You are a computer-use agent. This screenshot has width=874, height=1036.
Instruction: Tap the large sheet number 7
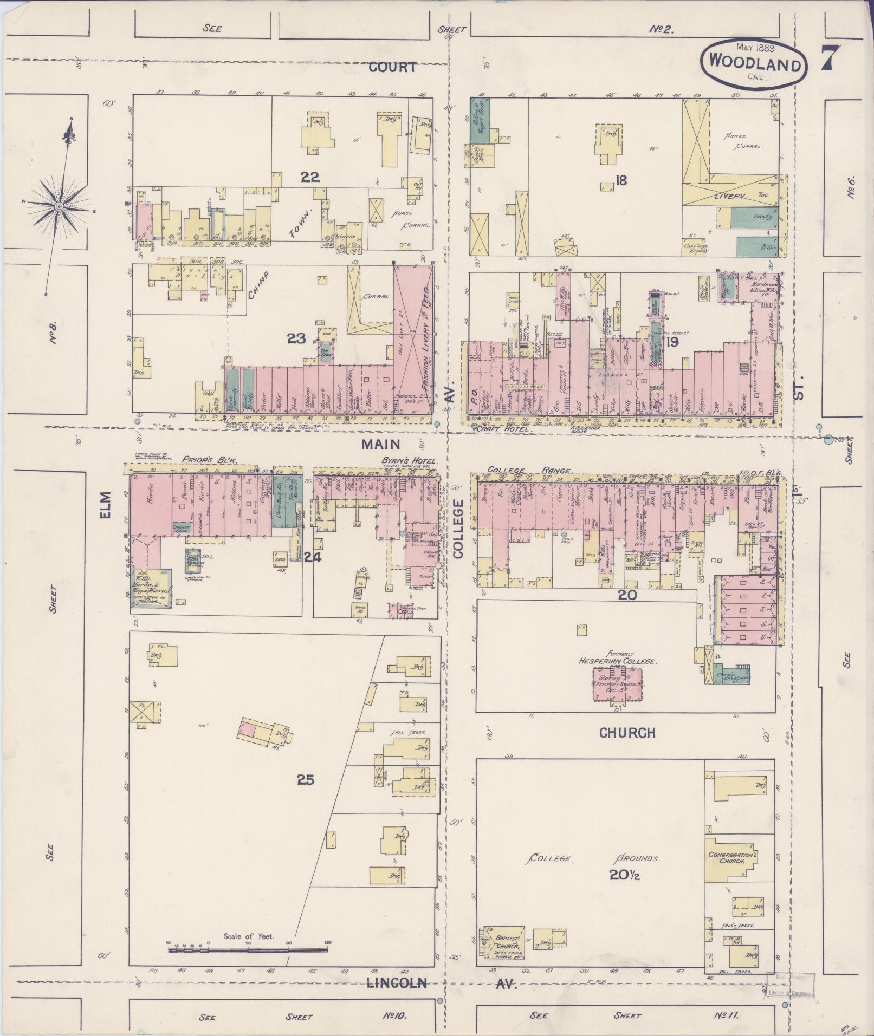coord(831,58)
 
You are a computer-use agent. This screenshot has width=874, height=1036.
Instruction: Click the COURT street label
coord(393,67)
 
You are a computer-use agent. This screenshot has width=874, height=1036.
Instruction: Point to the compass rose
coord(60,206)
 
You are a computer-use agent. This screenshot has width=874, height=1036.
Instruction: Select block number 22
coord(311,177)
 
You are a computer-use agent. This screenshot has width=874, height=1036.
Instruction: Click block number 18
coord(620,180)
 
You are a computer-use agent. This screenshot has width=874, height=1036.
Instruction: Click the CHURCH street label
coord(627,733)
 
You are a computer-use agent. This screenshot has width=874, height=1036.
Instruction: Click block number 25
coord(306,780)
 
